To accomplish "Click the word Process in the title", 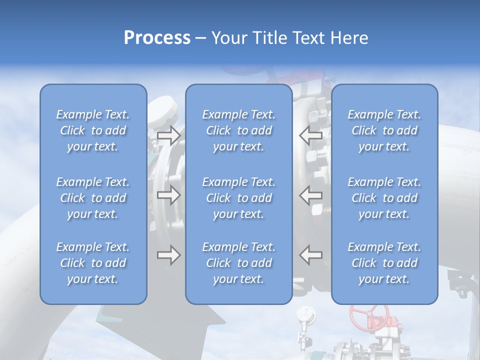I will (157, 38).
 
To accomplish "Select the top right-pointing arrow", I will (168, 134).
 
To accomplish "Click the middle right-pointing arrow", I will (168, 195).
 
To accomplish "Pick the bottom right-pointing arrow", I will (168, 255).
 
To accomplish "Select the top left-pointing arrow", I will (311, 134).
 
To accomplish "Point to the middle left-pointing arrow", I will (311, 195).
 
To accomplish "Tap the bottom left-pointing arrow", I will (311, 255).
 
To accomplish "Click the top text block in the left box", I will (93, 130).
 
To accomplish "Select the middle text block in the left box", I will (93, 198).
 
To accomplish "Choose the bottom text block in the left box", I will (93, 263).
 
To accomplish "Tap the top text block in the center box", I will (238, 130).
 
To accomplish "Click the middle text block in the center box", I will (238, 198).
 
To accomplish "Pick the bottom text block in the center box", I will (238, 263).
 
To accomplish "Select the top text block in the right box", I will (384, 130).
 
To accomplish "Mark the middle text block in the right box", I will (384, 198).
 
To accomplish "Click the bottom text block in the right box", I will (384, 263).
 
